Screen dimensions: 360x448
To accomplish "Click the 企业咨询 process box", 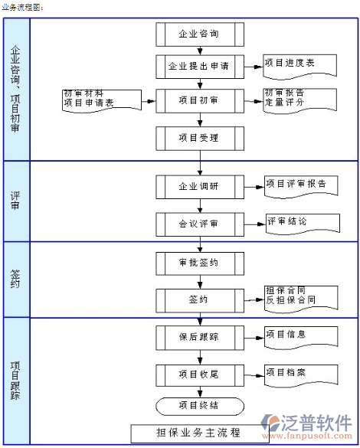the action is tap(200, 34).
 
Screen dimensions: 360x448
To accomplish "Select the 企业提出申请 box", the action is tap(200, 67).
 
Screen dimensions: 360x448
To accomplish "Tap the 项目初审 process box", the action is tap(200, 100).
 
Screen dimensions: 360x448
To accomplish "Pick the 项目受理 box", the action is tap(200, 139).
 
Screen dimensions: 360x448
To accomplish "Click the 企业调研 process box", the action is tap(200, 187).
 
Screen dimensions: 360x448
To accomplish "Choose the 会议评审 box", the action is tap(200, 224).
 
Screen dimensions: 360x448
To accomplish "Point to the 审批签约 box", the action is tap(200, 263).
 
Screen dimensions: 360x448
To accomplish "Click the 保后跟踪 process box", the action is tap(200, 338).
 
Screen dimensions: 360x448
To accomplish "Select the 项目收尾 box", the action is tap(200, 375).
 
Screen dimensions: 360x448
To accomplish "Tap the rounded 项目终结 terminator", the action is tap(200, 406).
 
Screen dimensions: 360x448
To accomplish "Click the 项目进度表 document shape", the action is tap(299, 67).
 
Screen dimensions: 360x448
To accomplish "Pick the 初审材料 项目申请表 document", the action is tap(102, 100).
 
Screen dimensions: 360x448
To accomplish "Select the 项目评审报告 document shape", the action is tap(301, 187).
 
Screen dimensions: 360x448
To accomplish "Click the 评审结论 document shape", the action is tap(303, 224).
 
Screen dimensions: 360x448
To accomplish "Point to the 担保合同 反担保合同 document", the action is tap(301, 299).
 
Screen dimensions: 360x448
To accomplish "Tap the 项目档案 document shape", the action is tap(301, 375).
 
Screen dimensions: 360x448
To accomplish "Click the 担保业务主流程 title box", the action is tap(199, 433).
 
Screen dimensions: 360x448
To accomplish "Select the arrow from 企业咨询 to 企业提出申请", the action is tap(200, 51).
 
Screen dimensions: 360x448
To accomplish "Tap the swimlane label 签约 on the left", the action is tap(15, 279).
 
